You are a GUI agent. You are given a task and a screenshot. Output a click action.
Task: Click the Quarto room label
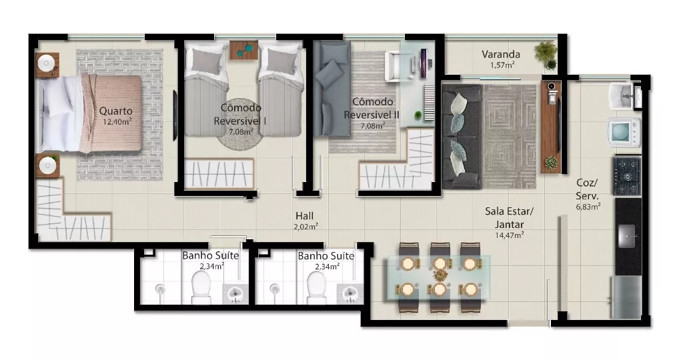115,111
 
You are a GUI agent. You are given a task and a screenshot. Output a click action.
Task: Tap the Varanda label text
500,55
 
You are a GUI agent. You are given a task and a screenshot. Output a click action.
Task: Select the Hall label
304,215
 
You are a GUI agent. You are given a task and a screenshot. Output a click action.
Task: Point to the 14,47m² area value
509,235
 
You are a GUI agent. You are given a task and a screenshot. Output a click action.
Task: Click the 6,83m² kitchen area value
588,207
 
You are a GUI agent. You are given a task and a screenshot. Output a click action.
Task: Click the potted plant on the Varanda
546,55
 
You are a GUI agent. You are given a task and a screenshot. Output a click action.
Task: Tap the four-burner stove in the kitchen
627,176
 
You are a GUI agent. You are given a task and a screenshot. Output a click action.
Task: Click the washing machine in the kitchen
624,131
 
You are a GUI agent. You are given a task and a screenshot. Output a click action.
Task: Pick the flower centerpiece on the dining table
440,275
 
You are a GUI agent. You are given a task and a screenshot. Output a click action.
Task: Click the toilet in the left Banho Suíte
201,288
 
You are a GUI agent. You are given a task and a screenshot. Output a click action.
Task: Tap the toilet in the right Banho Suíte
317,288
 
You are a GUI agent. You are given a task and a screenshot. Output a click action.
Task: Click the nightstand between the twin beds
244,50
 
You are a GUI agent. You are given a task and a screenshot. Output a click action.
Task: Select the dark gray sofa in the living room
462,136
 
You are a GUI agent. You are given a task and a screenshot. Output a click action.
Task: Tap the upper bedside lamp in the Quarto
46,64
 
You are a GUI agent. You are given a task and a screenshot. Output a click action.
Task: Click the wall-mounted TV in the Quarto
175,115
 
